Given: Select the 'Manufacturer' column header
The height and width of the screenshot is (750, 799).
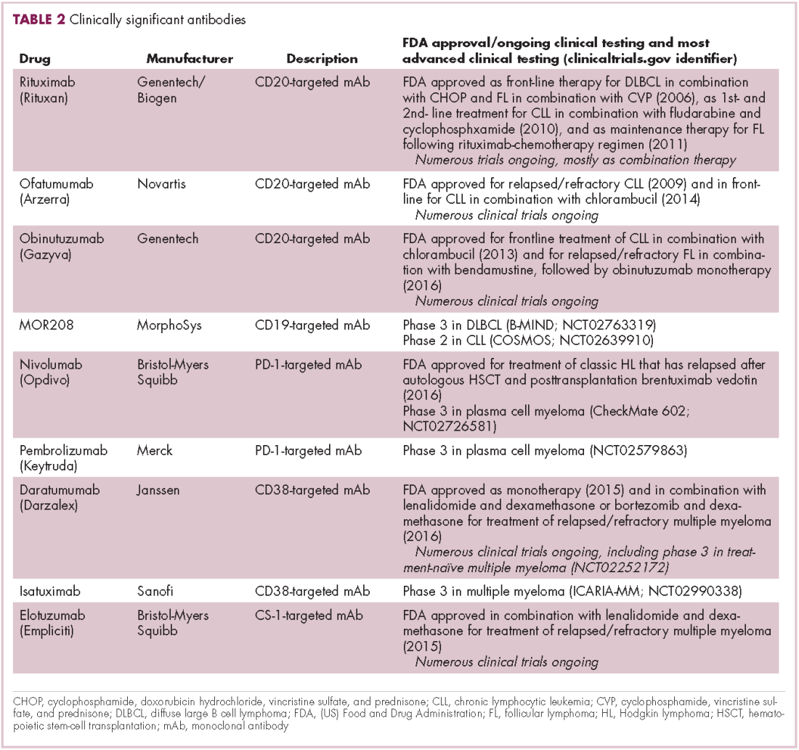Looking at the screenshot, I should click(190, 59).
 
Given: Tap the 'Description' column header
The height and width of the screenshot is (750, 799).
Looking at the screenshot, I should click(322, 59).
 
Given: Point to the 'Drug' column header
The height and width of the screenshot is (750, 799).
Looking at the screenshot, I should click(35, 59).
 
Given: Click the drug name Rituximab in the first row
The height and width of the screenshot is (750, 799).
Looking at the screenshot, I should click(47, 82).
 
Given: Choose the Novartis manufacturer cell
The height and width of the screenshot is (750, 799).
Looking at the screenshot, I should click(161, 184).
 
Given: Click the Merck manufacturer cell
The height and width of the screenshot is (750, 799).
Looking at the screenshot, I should click(155, 451).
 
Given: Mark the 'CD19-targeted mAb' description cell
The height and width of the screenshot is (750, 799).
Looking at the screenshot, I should click(312, 325).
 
